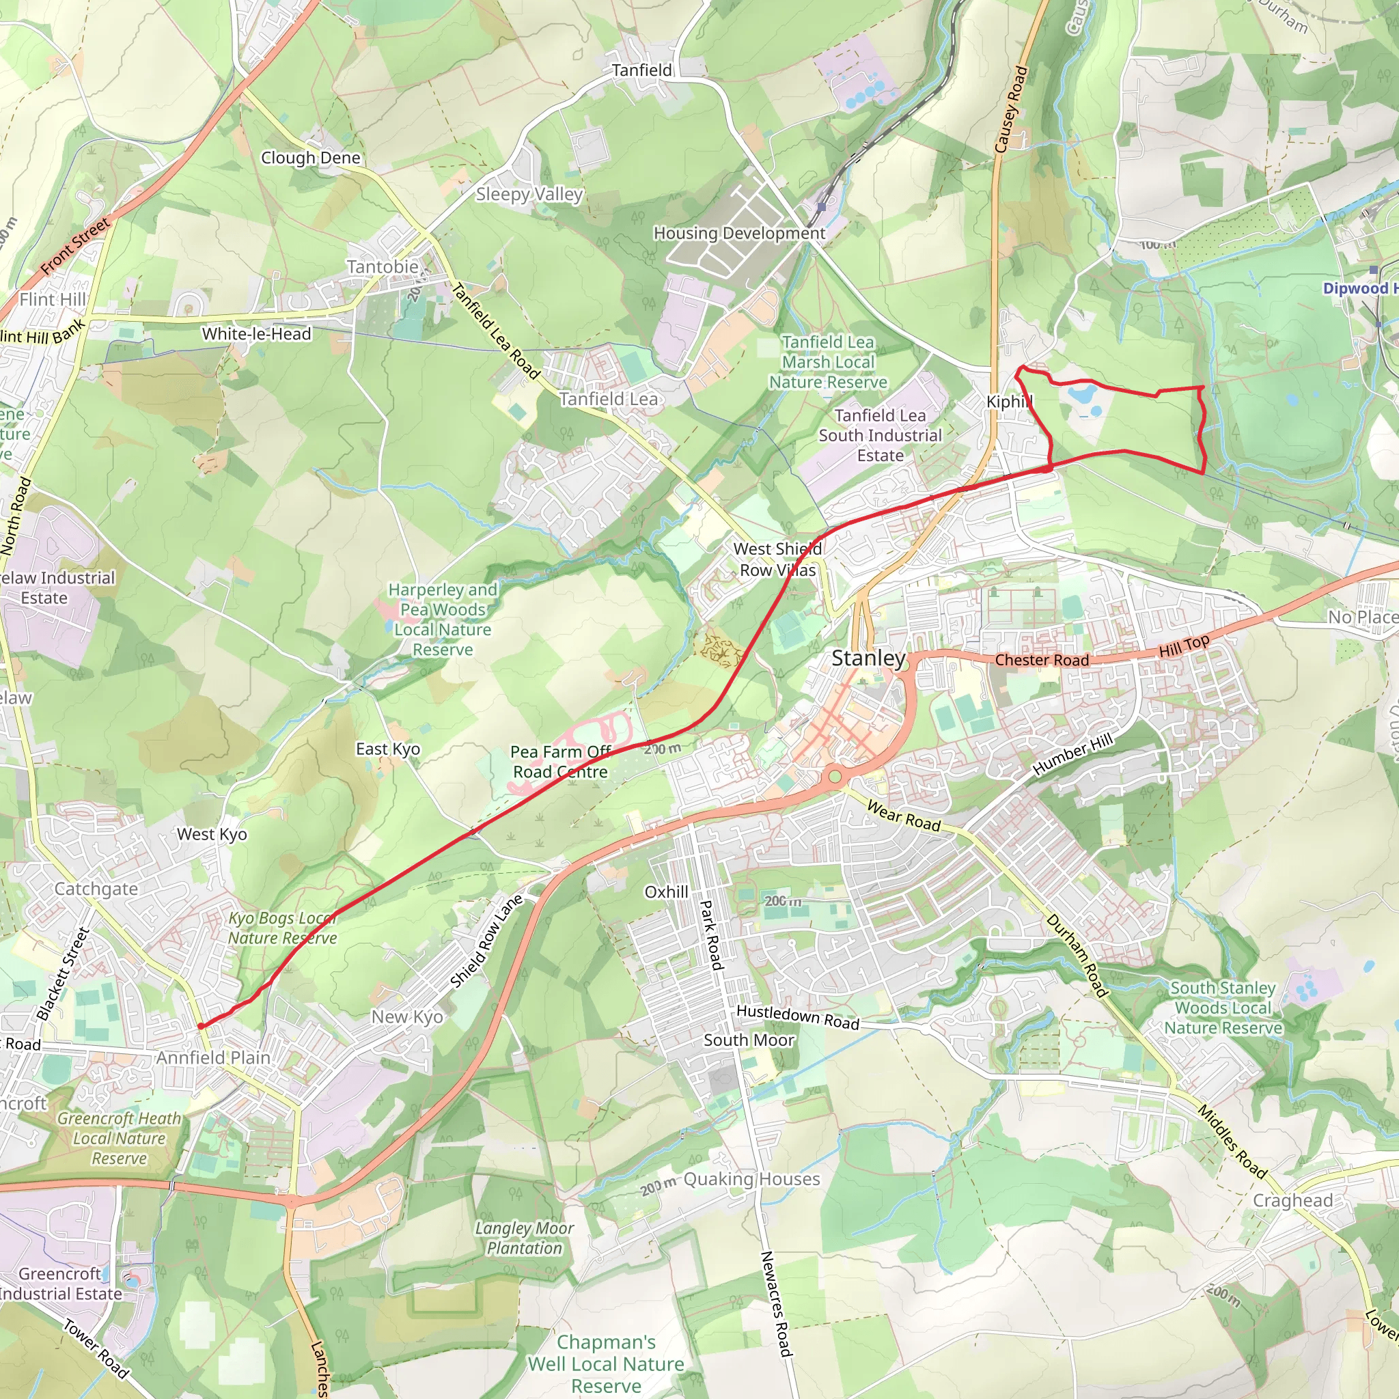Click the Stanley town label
tap(868, 659)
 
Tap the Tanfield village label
tap(641, 70)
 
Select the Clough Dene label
tap(311, 158)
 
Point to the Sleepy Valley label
tap(529, 194)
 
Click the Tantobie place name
tap(383, 267)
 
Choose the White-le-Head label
tap(256, 334)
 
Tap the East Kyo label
tap(387, 749)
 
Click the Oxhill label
tap(666, 892)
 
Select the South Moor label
tap(749, 1040)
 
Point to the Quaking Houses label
tap(751, 1179)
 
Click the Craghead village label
tap(1292, 1201)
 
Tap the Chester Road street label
tap(1041, 661)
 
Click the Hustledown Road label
tap(798, 1017)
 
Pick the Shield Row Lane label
tap(486, 941)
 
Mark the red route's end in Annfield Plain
tap(200, 1026)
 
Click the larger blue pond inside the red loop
tap(1081, 395)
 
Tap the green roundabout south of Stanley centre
tap(835, 777)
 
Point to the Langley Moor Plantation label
tap(524, 1238)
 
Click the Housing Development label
tap(739, 233)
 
